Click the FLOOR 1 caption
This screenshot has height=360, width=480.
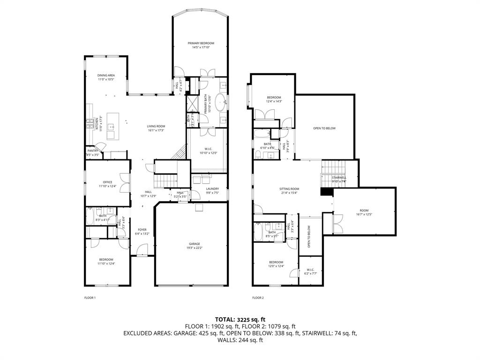[x=90, y=298]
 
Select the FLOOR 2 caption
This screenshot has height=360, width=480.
[x=258, y=298]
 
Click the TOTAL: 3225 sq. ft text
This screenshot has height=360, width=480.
[x=240, y=319]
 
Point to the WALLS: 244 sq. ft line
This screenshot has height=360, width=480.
[x=240, y=340]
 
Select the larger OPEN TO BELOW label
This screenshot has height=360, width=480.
[x=324, y=128]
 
